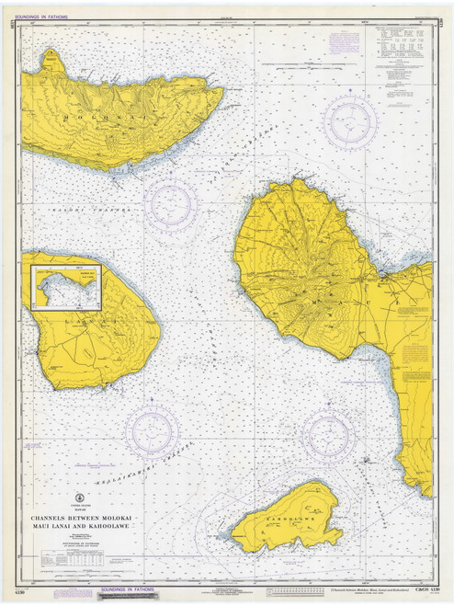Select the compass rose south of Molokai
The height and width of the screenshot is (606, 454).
tap(170, 203)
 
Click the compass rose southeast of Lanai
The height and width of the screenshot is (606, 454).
tap(153, 430)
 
